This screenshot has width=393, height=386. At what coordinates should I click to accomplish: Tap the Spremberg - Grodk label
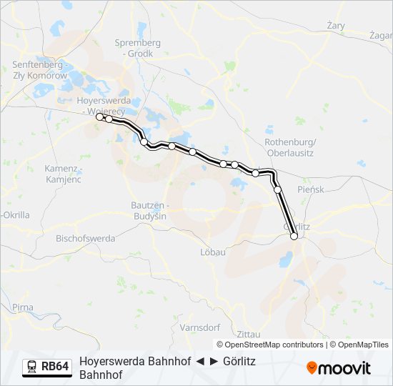[138, 48]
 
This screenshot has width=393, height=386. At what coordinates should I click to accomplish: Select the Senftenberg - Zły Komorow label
[40, 70]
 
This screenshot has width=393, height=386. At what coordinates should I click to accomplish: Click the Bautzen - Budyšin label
[149, 210]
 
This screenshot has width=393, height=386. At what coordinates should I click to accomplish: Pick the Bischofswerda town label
[85, 237]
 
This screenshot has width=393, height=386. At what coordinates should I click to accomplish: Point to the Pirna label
[22, 307]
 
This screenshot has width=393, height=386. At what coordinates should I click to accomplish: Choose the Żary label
[335, 26]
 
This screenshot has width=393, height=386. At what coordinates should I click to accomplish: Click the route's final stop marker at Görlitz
[294, 236]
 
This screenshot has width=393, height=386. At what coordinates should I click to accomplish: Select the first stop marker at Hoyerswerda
[99, 117]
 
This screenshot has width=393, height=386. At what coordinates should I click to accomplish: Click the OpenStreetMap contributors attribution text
[270, 345]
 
